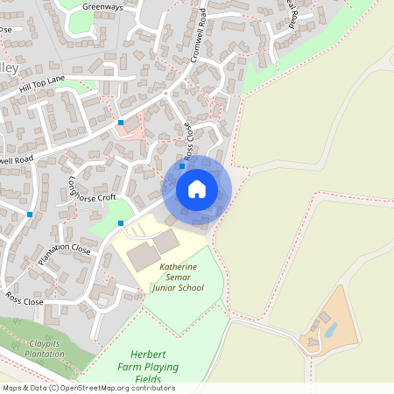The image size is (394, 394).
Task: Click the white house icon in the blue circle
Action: [x=197, y=189]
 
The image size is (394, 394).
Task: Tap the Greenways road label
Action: [x=102, y=6]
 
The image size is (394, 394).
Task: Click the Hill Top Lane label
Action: [x=42, y=85]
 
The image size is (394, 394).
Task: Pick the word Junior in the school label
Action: [x=164, y=287]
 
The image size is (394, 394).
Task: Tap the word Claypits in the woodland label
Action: [x=46, y=344]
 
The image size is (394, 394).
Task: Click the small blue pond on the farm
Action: [x=330, y=329]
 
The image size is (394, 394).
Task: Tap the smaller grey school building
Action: [x=165, y=240]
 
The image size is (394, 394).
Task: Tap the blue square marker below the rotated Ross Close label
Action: [x=182, y=165]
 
